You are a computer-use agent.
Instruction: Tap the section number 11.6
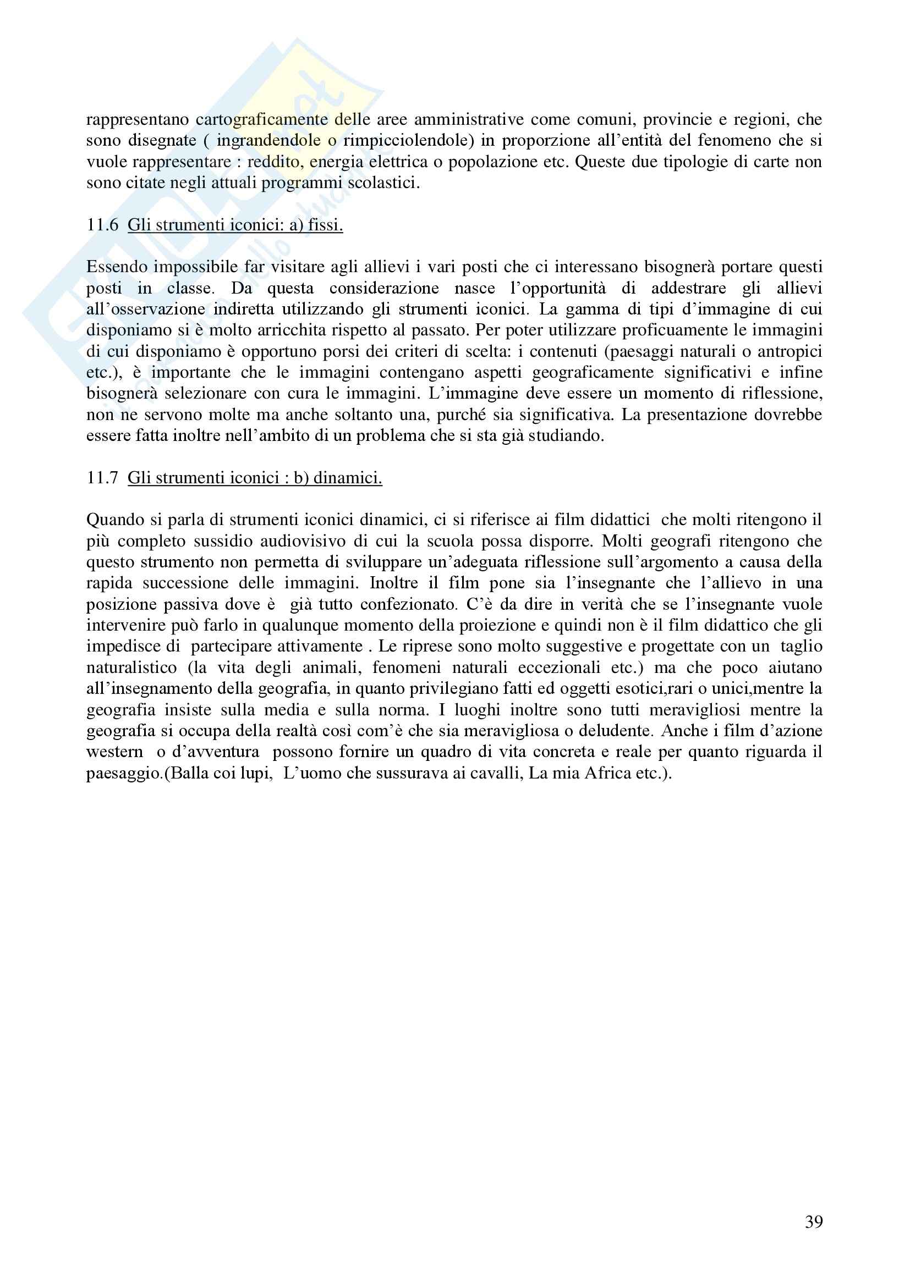(x=102, y=225)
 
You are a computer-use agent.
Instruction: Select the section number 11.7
(x=102, y=478)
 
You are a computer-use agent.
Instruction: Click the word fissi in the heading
(x=325, y=225)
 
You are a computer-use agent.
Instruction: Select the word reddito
(x=272, y=162)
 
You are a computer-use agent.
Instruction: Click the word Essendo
(x=117, y=267)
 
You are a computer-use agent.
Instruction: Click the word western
(x=115, y=752)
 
